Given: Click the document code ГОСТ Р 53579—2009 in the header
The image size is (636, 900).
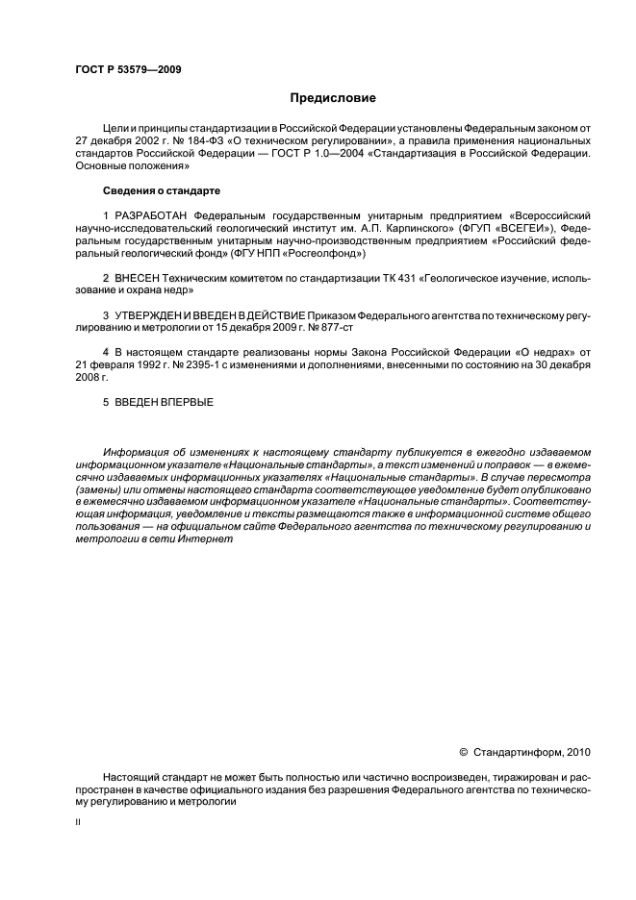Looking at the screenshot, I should click(128, 70).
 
